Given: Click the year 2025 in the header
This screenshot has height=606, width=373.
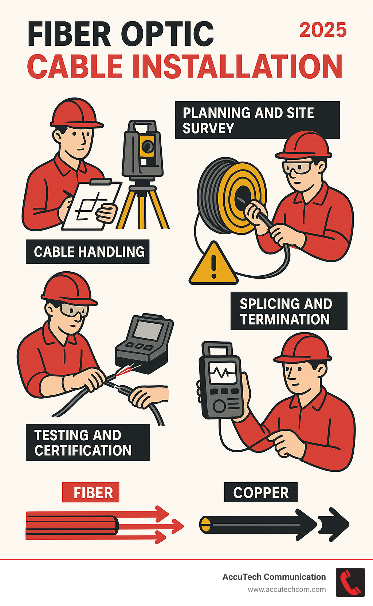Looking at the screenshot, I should coord(323,30).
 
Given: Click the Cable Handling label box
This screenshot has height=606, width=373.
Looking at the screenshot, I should coord(88,252).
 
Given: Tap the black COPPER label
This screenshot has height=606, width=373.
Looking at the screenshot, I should coord(260,493).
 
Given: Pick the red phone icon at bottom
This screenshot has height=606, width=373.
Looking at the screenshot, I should coord(350,582).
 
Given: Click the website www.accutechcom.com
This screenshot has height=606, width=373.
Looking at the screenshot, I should coord(287,590).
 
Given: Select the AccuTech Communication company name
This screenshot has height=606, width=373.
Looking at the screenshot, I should coord(274,577).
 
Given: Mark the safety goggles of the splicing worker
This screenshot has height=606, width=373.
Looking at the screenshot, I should coord(74,310).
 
